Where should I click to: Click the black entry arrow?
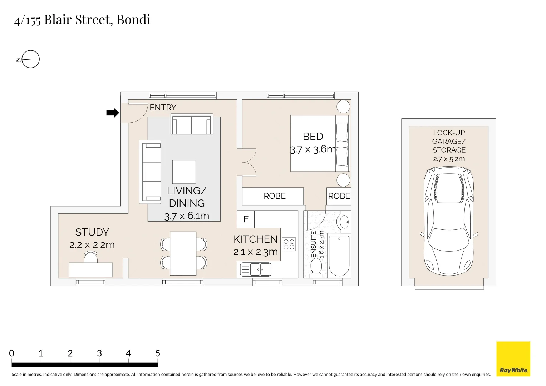point(113,113)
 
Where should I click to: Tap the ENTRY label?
point(163,108)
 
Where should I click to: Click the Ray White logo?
point(513,359)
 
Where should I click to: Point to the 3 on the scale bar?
point(99,353)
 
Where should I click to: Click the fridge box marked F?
point(246,219)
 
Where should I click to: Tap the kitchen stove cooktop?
point(289,244)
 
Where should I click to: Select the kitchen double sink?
point(255,269)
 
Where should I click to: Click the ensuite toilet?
point(316,268)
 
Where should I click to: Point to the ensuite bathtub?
point(339,256)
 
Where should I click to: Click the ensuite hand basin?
point(344,222)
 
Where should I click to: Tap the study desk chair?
point(91,257)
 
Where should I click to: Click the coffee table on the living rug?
point(184,172)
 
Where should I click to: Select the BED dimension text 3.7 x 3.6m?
point(313,149)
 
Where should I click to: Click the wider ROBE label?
point(275,196)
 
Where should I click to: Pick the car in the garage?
point(449,221)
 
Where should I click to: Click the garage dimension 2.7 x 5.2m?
point(449,159)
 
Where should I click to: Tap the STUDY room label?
point(92,232)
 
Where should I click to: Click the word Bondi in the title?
point(133,20)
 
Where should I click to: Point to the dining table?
point(183,253)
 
